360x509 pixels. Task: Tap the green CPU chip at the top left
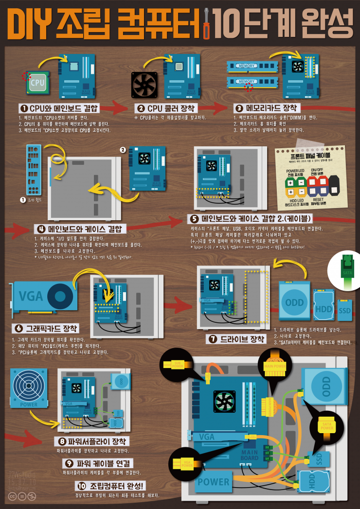point(37,83)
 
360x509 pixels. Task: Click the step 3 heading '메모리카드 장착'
point(267,107)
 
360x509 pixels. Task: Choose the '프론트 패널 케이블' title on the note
point(310,156)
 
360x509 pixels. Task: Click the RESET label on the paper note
point(318,199)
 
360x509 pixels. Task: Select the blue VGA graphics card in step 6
point(44,297)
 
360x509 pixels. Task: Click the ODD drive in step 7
point(294,301)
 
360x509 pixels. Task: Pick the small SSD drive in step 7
point(344,310)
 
